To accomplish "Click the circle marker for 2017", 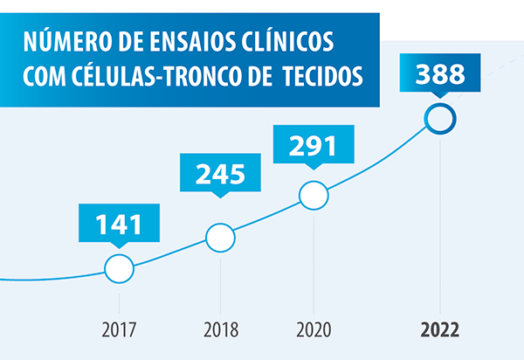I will pyautogui.click(x=119, y=268).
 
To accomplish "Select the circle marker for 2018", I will pyautogui.click(x=221, y=236).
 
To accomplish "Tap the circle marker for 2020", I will pyautogui.click(x=314, y=196).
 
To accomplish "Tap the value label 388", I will pyautogui.click(x=439, y=73).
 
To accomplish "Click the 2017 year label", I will pyautogui.click(x=119, y=330).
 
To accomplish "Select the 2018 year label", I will pyautogui.click(x=221, y=330).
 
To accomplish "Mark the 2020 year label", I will pyautogui.click(x=314, y=330).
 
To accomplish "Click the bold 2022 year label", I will pyautogui.click(x=439, y=330).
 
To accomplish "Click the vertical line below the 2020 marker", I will pyautogui.click(x=314, y=262).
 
